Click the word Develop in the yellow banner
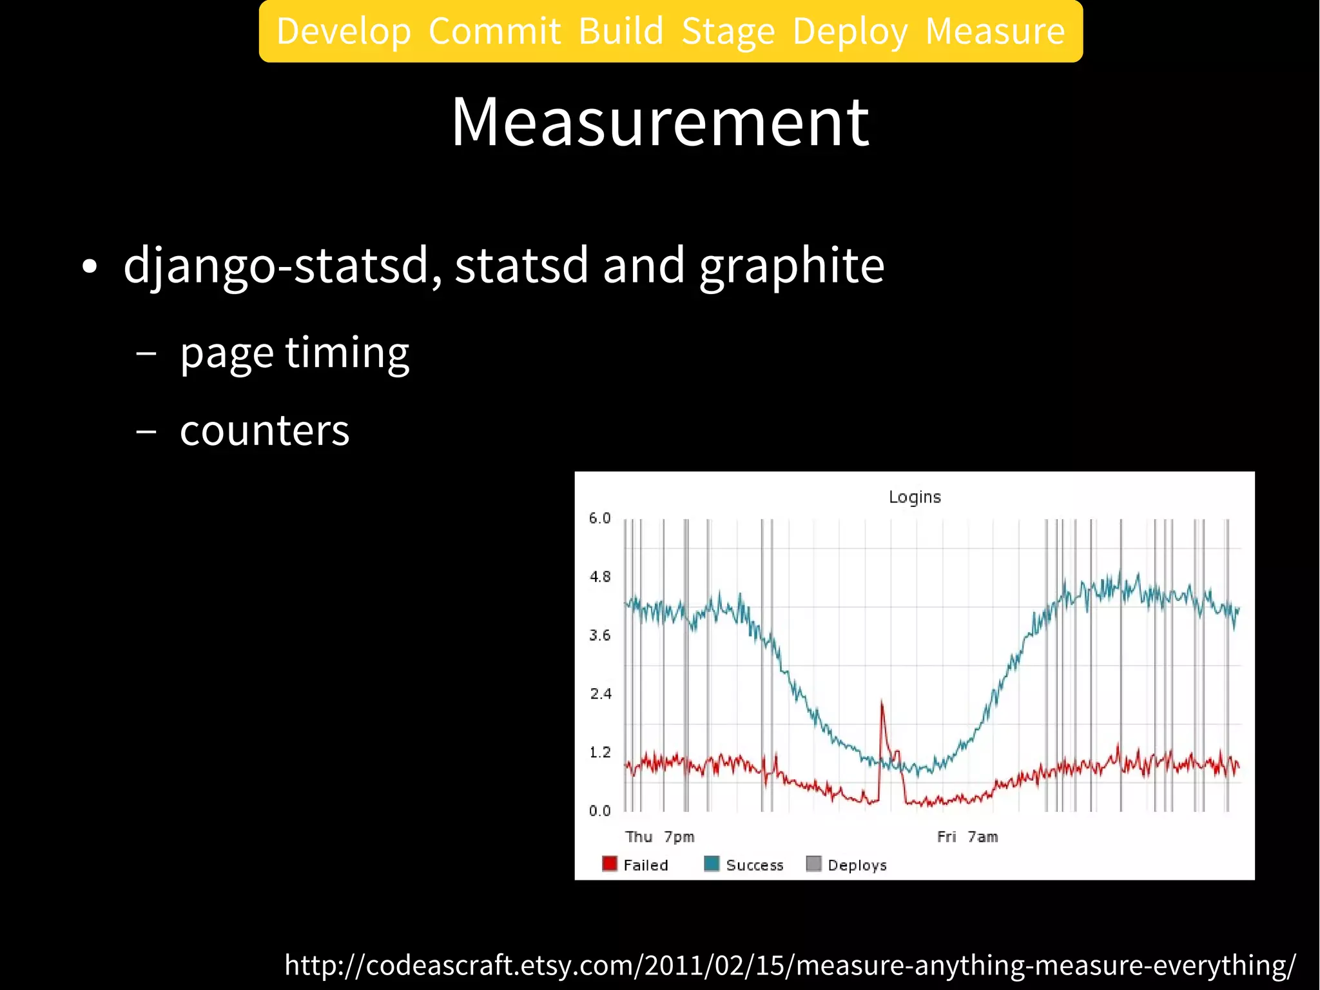344,32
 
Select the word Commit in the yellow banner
494,32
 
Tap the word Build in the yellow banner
621,32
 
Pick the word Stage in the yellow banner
728,32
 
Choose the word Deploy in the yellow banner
850,32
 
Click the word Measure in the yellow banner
995,32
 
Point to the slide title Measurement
660,122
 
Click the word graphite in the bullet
791,266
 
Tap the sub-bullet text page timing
295,353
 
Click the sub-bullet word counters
264,430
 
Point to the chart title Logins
915,497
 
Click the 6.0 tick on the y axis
599,519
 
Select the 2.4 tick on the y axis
599,694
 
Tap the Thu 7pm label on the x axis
659,837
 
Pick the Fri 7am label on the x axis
967,837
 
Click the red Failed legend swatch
609,864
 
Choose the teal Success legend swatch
712,864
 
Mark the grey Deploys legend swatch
813,864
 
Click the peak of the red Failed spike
882,702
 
